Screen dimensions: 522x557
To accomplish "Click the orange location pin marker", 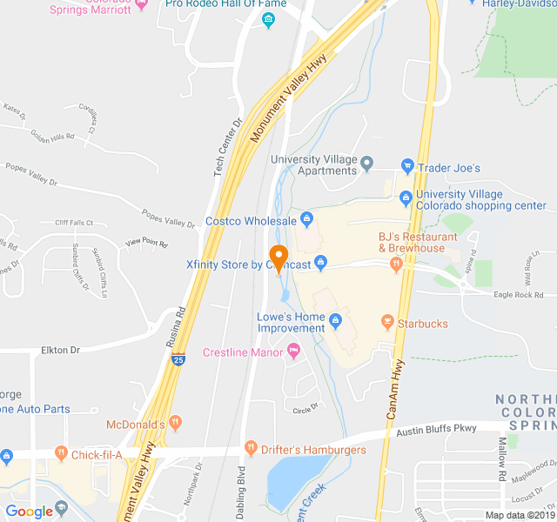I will coord(278,258).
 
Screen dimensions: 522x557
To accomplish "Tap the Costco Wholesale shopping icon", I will coord(305,217).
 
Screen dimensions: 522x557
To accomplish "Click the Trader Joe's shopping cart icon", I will coord(406,166).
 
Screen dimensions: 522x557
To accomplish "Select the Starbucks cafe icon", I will coord(387,323).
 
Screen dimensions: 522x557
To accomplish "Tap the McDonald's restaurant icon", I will coord(176,423).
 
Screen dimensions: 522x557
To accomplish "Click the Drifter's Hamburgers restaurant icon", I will coord(252,449).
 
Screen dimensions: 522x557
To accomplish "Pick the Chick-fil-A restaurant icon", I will coord(61,453).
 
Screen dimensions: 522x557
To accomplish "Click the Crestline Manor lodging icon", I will coord(293,351).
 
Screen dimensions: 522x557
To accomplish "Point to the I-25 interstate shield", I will coord(178,358).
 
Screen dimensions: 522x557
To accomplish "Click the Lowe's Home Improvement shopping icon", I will coord(334,324).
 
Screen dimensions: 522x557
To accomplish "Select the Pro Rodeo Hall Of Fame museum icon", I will coord(269,20).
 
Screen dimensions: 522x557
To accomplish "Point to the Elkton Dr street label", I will coord(60,350).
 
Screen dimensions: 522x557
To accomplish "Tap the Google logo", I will coord(30,511).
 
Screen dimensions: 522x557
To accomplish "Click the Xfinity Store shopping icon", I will coord(320,261).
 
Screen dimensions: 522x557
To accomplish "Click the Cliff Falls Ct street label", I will coord(73,223).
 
